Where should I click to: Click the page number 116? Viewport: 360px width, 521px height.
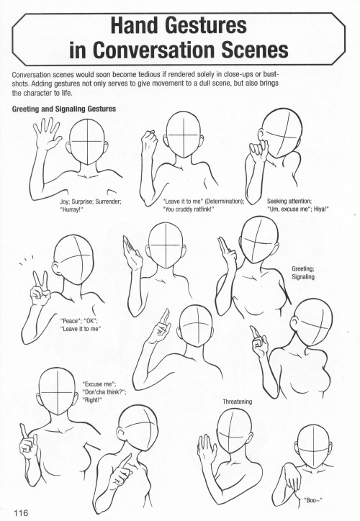pos(19,511)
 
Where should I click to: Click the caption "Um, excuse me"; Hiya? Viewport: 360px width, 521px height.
pos(297,210)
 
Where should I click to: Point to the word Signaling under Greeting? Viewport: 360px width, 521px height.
pos(305,277)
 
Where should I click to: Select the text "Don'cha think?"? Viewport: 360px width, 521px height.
pos(105,393)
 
